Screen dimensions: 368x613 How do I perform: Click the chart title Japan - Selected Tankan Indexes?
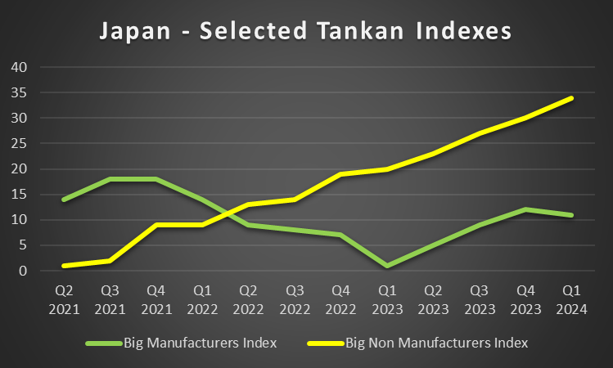[x=305, y=31]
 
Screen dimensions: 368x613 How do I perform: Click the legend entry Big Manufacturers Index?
[x=201, y=342]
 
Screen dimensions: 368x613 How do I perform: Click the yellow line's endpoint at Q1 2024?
[x=572, y=98]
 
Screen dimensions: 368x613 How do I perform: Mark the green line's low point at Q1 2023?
[x=387, y=266]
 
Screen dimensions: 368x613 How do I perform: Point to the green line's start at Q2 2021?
[x=63, y=200]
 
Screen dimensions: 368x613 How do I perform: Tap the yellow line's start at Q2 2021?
[x=63, y=266]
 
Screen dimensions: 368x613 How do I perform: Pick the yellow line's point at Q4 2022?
[x=340, y=174]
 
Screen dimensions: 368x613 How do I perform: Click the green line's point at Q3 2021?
[x=110, y=179]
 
